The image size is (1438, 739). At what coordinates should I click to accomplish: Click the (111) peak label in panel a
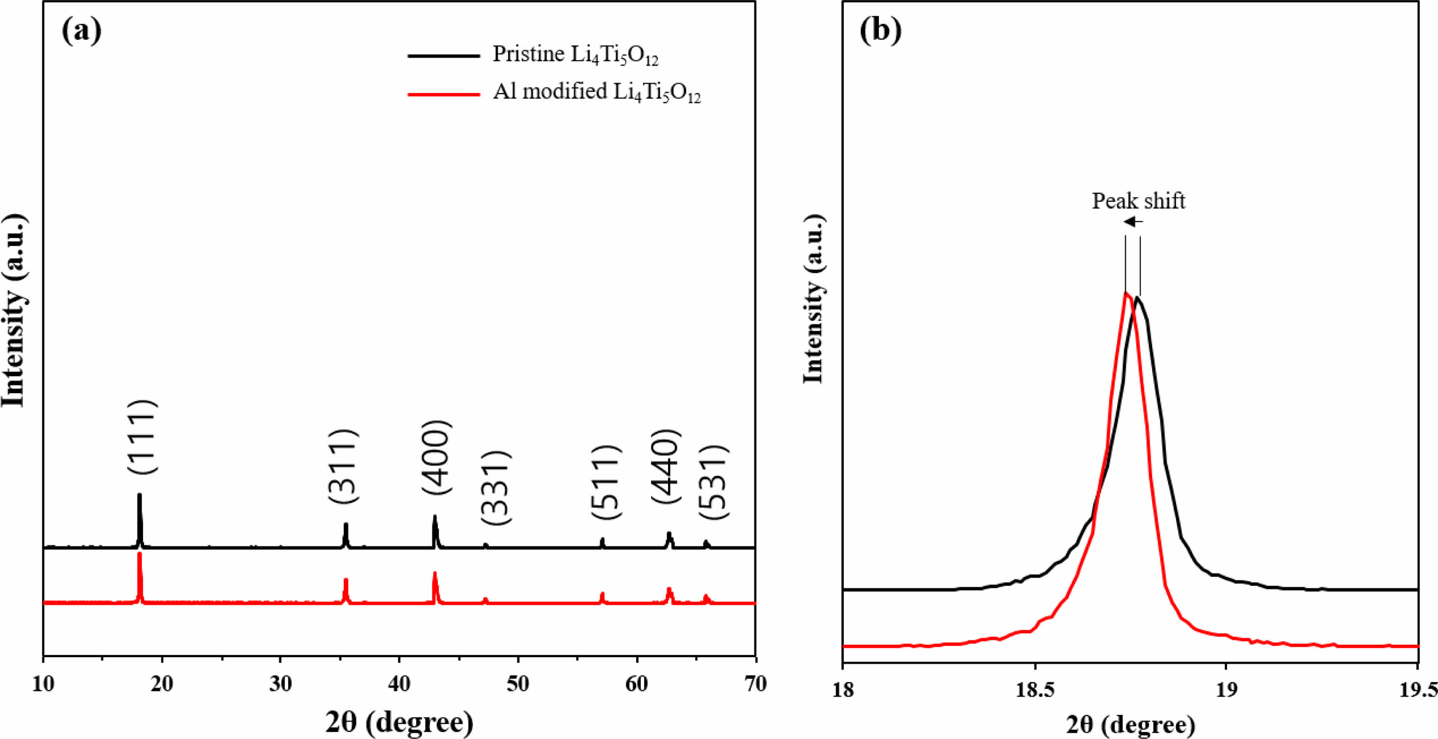point(142,437)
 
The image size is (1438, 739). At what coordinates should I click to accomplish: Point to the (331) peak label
point(495,487)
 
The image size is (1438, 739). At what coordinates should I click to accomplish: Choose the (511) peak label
point(605,483)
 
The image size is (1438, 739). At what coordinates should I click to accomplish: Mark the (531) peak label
point(713,482)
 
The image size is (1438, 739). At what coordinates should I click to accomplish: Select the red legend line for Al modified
point(444,94)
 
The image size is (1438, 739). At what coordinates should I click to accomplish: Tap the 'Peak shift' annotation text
point(1138,201)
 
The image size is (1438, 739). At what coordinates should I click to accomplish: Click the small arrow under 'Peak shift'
point(1133,221)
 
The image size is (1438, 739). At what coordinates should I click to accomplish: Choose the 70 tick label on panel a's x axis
point(755,684)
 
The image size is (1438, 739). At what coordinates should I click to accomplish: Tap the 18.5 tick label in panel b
point(1034,690)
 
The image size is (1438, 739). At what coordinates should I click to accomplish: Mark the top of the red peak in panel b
point(1126,293)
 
